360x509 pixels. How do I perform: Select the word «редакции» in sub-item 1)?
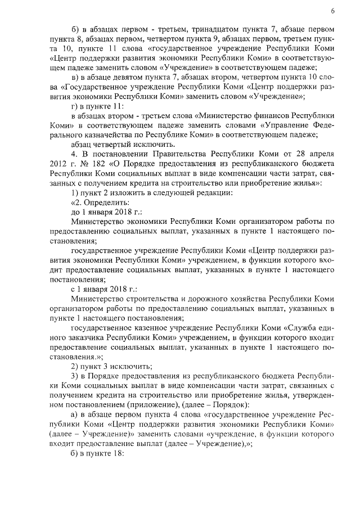[x=201, y=192]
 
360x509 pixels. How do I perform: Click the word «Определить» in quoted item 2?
[x=106, y=202]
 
